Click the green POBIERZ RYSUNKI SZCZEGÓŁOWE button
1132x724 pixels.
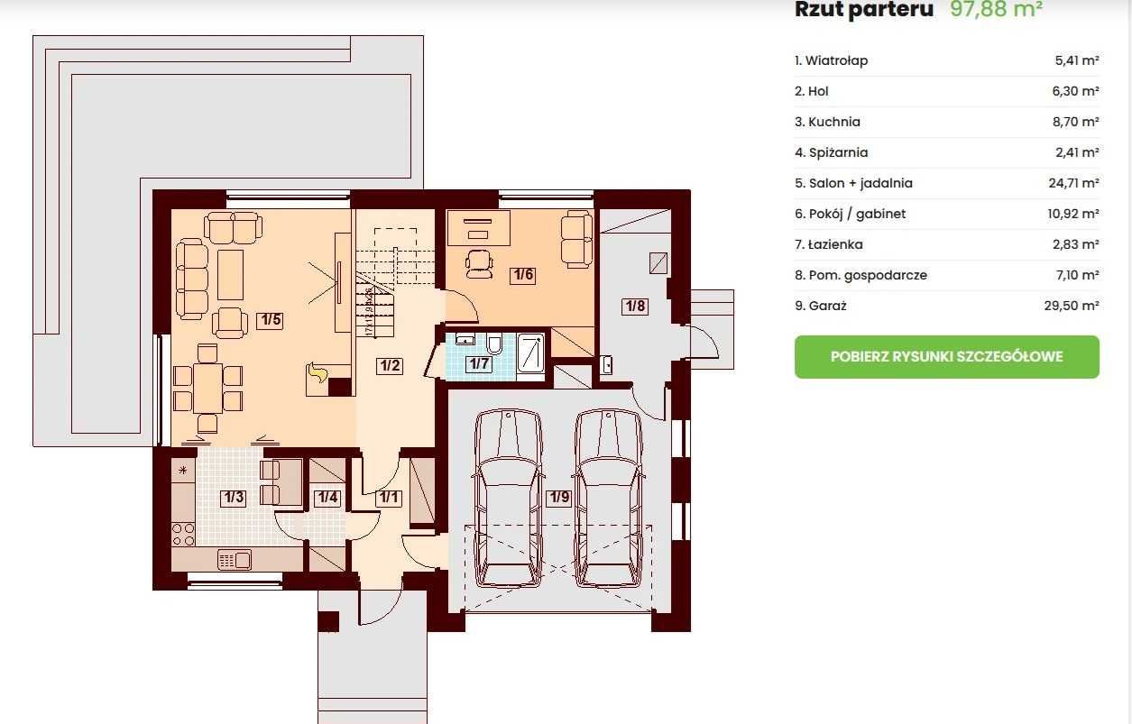(946, 357)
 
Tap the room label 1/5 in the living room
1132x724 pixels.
(271, 320)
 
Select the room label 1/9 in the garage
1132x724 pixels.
(559, 497)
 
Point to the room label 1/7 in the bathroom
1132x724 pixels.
(479, 363)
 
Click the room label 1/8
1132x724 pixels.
(635, 306)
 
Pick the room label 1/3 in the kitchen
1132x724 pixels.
(234, 498)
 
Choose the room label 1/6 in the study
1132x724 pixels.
(523, 275)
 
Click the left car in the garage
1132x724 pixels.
(508, 499)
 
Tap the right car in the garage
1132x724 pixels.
(608, 499)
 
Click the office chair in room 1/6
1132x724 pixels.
(479, 264)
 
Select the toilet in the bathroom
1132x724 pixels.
(495, 343)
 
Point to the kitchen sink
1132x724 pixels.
(235, 560)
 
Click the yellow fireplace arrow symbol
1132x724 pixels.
(318, 373)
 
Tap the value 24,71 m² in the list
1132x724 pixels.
(1073, 183)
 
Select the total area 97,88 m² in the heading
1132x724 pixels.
(996, 9)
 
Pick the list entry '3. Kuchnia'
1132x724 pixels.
(827, 122)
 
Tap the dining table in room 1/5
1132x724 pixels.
(207, 388)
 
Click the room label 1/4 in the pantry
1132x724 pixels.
(327, 498)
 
